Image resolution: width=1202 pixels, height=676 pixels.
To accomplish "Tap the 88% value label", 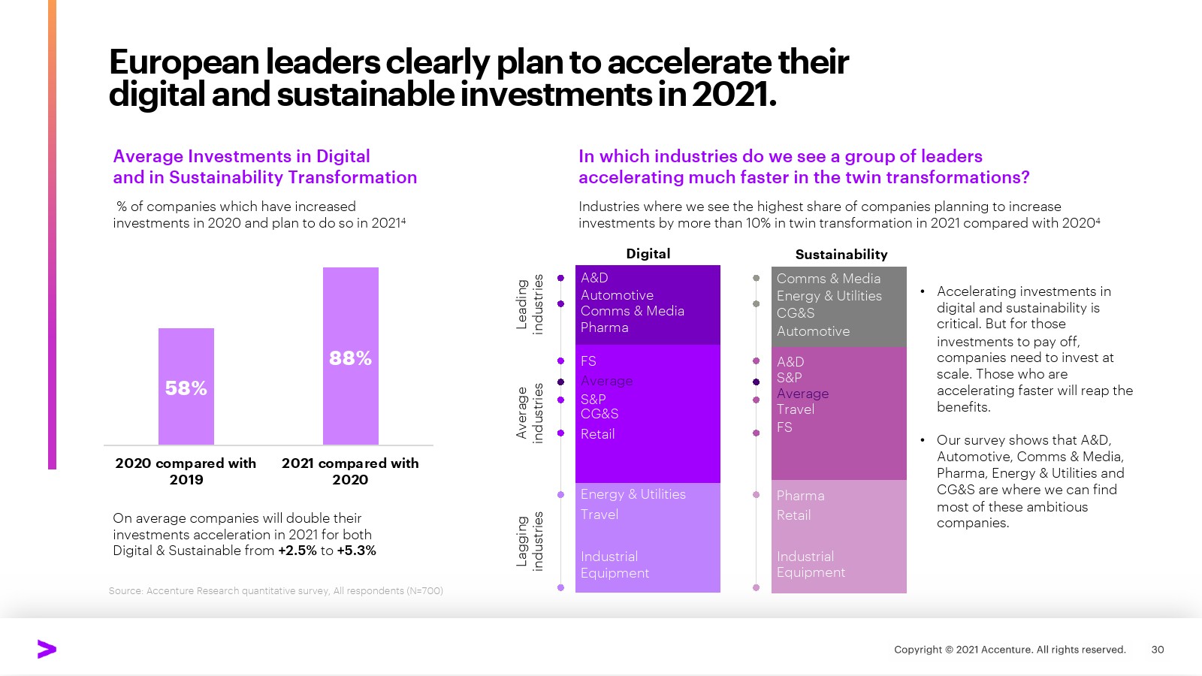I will pos(350,358).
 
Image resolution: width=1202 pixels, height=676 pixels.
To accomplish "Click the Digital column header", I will pos(648,254).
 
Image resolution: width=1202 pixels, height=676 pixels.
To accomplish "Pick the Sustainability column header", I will pos(841,255).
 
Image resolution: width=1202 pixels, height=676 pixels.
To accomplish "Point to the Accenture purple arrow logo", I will pos(47,650).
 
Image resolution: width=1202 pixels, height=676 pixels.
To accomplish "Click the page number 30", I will pos(1157,650).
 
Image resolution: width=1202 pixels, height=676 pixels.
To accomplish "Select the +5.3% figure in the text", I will pos(357,551).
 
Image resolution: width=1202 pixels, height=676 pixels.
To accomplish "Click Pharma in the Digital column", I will pos(604,327).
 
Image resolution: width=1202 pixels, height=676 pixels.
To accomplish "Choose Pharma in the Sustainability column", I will pos(800,496).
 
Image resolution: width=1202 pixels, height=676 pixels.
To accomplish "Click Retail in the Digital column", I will pos(597,434).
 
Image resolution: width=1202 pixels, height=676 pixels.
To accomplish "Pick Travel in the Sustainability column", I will pos(795,409).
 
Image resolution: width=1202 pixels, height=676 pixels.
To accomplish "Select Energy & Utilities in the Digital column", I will pos(633,494).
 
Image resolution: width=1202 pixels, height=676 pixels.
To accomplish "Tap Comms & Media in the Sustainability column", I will pos(828,279).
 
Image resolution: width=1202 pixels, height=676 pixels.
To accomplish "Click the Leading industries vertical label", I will pos(530,303).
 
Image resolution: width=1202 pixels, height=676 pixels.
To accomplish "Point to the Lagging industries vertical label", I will pos(530,542).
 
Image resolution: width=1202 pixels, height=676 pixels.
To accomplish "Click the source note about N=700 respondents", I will pos(276,591).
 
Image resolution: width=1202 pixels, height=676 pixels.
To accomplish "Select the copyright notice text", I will pos(1009,650).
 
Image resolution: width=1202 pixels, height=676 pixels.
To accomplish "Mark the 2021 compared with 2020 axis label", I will pos(350,471).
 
